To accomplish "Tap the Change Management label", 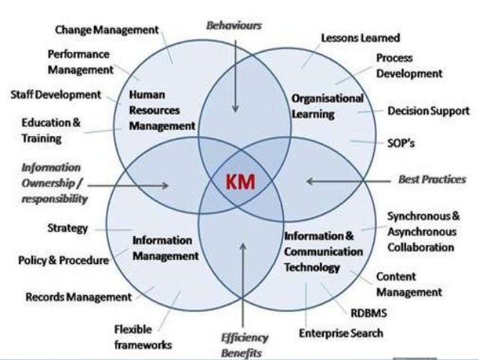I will point(107,29).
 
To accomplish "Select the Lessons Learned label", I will point(360,38).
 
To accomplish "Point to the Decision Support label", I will point(428,110).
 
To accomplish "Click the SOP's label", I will point(402,141).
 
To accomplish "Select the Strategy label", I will point(68,228).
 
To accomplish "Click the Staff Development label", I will point(56,95).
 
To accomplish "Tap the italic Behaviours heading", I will point(233,25).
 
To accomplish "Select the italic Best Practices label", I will point(431,180).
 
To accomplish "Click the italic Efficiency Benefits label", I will point(243,343).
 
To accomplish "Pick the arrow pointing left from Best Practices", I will point(341,180).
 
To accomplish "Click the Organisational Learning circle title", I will point(327,106).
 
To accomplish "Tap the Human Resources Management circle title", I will point(162,110).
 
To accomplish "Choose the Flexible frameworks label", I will point(143,337).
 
